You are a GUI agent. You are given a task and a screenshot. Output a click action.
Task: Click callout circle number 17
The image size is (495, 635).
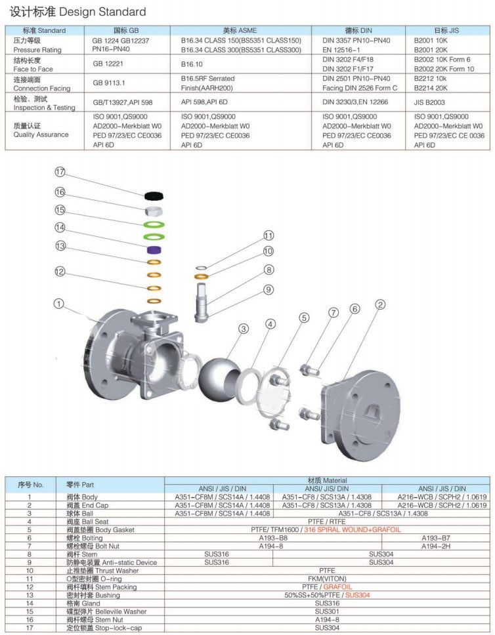pyautogui.click(x=60, y=172)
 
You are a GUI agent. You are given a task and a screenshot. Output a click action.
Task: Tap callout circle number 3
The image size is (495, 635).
pyautogui.click(x=243, y=329)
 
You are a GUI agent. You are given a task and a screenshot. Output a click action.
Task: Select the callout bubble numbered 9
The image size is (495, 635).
pyautogui.click(x=268, y=289)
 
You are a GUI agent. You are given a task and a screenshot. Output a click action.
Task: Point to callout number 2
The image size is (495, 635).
pyautogui.click(x=380, y=304)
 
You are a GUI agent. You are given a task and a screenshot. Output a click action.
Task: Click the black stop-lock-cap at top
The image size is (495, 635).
pyautogui.click(x=155, y=195)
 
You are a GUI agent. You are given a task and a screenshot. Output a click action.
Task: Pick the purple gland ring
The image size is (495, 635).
pyautogui.click(x=154, y=250)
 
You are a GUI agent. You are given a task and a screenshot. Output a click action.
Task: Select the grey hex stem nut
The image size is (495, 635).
pyautogui.click(x=154, y=211)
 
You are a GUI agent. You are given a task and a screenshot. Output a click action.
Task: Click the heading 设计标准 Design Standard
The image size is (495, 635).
pyautogui.click(x=77, y=12)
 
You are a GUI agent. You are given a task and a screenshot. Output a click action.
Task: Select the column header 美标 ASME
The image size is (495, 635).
pyautogui.click(x=240, y=30)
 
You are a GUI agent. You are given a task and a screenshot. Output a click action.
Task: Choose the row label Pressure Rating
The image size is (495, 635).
pyautogui.click(x=37, y=50)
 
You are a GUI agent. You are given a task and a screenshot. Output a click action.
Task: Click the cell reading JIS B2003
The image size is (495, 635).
pyautogui.click(x=430, y=102)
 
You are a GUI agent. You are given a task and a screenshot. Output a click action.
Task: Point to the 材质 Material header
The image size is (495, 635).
pyautogui.click(x=326, y=481)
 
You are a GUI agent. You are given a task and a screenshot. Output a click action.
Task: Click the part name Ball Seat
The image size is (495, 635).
pyautogui.click(x=95, y=522)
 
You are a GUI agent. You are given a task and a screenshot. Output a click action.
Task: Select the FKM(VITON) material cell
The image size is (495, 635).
pyautogui.click(x=326, y=579)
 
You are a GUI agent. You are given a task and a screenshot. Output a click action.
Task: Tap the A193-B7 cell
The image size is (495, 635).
pyautogui.click(x=435, y=537)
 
